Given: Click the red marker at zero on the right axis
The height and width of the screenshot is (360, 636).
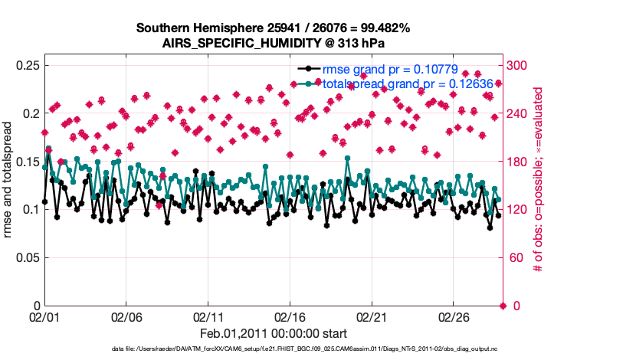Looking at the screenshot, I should [503, 306].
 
